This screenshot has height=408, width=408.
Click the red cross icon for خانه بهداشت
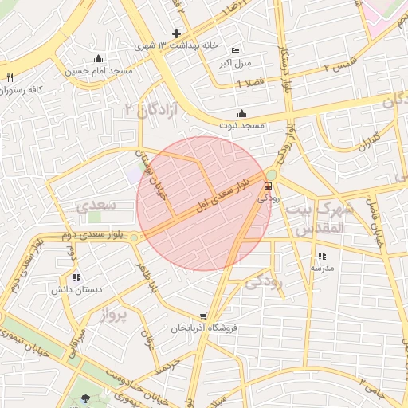click(176, 33)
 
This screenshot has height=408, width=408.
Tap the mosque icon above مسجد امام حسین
click(98, 58)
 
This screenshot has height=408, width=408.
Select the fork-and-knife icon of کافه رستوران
click(10, 78)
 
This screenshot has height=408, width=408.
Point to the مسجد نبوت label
click(242, 126)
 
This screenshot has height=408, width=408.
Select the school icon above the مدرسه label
click(322, 257)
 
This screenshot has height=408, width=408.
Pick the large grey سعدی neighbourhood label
click(96, 206)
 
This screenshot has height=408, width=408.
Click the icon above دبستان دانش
click(76, 278)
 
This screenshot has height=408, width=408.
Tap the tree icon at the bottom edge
click(86, 398)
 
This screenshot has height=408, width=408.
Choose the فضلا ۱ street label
click(252, 83)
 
